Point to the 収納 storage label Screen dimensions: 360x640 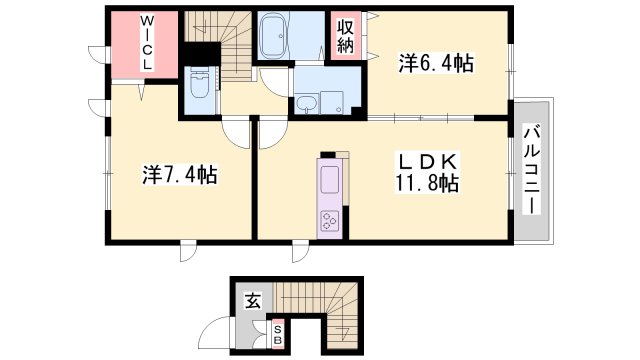(x=345, y=37)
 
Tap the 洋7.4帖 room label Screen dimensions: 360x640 (x=179, y=175)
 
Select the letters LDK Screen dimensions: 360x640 (x=433, y=161)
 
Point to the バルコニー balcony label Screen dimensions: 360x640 (x=532, y=168)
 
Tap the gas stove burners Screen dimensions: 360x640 (x=330, y=220)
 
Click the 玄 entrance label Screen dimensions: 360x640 (x=254, y=297)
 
